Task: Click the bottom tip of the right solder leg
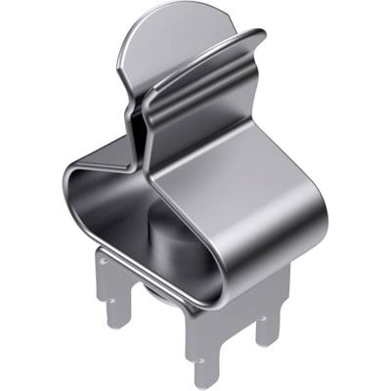click(x=266, y=342)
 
